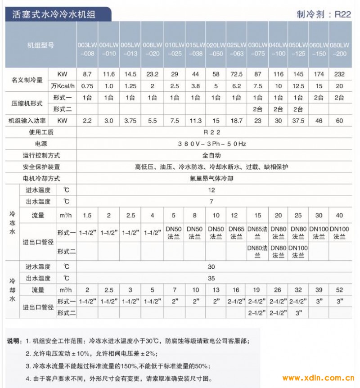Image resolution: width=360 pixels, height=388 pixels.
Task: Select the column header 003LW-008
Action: (86, 50)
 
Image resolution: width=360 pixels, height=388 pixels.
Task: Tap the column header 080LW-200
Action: (339, 50)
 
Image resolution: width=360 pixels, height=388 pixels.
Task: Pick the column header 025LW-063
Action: (236, 50)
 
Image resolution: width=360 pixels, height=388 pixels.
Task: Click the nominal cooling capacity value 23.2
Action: (152, 73)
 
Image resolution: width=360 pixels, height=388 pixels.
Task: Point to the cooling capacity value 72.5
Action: (236, 73)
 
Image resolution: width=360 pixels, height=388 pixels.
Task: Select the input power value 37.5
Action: (298, 121)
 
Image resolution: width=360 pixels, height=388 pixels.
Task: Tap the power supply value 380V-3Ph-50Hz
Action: (211, 144)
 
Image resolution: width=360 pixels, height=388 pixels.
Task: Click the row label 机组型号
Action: (40, 45)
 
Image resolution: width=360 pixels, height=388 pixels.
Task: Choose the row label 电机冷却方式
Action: (41, 179)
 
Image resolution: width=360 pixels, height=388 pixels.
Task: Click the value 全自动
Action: (211, 155)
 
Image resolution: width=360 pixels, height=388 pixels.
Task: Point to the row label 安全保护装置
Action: (41, 167)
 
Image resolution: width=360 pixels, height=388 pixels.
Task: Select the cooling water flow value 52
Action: (339, 290)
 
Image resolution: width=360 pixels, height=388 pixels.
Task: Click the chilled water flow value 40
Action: (339, 216)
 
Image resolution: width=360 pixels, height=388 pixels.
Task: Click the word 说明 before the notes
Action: (13, 341)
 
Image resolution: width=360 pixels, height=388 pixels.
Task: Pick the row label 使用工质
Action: (41, 132)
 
